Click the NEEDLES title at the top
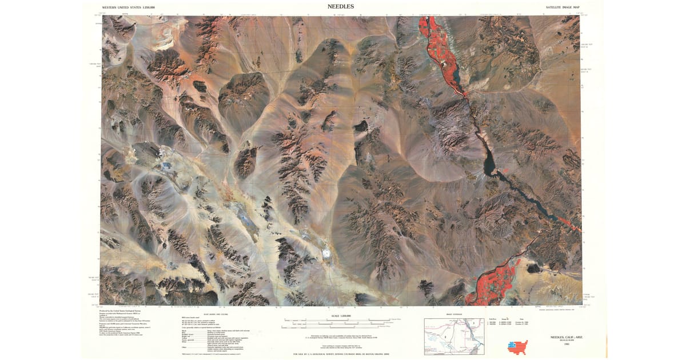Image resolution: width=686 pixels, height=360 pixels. pos(340,6)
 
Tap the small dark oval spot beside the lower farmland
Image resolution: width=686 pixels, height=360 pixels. pos(535,267)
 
